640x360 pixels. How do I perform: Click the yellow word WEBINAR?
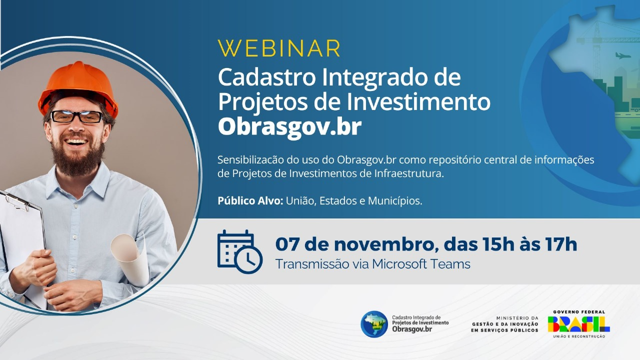(279, 48)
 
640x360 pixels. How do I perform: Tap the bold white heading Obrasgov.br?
(289, 127)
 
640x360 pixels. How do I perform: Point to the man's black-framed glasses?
(77, 117)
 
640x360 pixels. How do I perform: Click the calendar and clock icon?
(239, 251)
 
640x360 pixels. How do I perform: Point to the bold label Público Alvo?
(250, 201)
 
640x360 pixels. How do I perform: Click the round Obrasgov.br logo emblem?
(374, 324)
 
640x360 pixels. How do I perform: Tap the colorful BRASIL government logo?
(579, 324)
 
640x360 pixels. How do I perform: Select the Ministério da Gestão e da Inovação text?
(505, 324)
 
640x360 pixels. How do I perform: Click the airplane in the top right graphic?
(621, 55)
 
